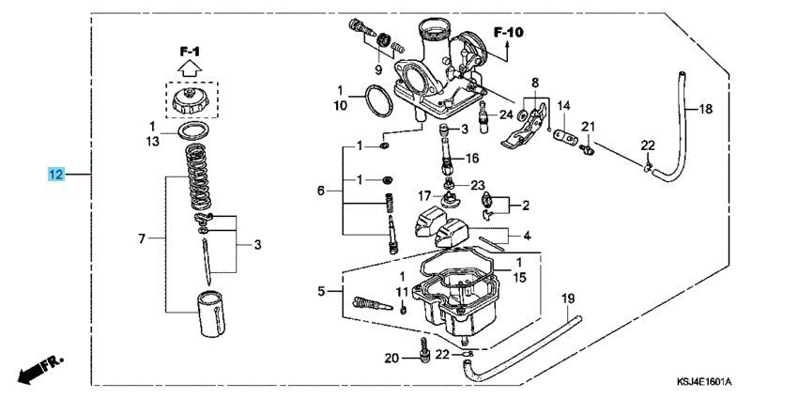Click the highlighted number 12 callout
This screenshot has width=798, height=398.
57,174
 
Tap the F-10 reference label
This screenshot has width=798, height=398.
508,32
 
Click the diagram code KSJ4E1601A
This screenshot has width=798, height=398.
704,382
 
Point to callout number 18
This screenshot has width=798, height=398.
706,109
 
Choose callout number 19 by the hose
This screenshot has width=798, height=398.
567,298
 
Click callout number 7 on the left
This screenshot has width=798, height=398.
142,239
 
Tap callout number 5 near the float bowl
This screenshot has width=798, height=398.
323,292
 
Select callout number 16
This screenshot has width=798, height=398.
471,158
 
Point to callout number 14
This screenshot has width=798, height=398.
564,106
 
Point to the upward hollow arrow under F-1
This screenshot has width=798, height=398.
190,67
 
